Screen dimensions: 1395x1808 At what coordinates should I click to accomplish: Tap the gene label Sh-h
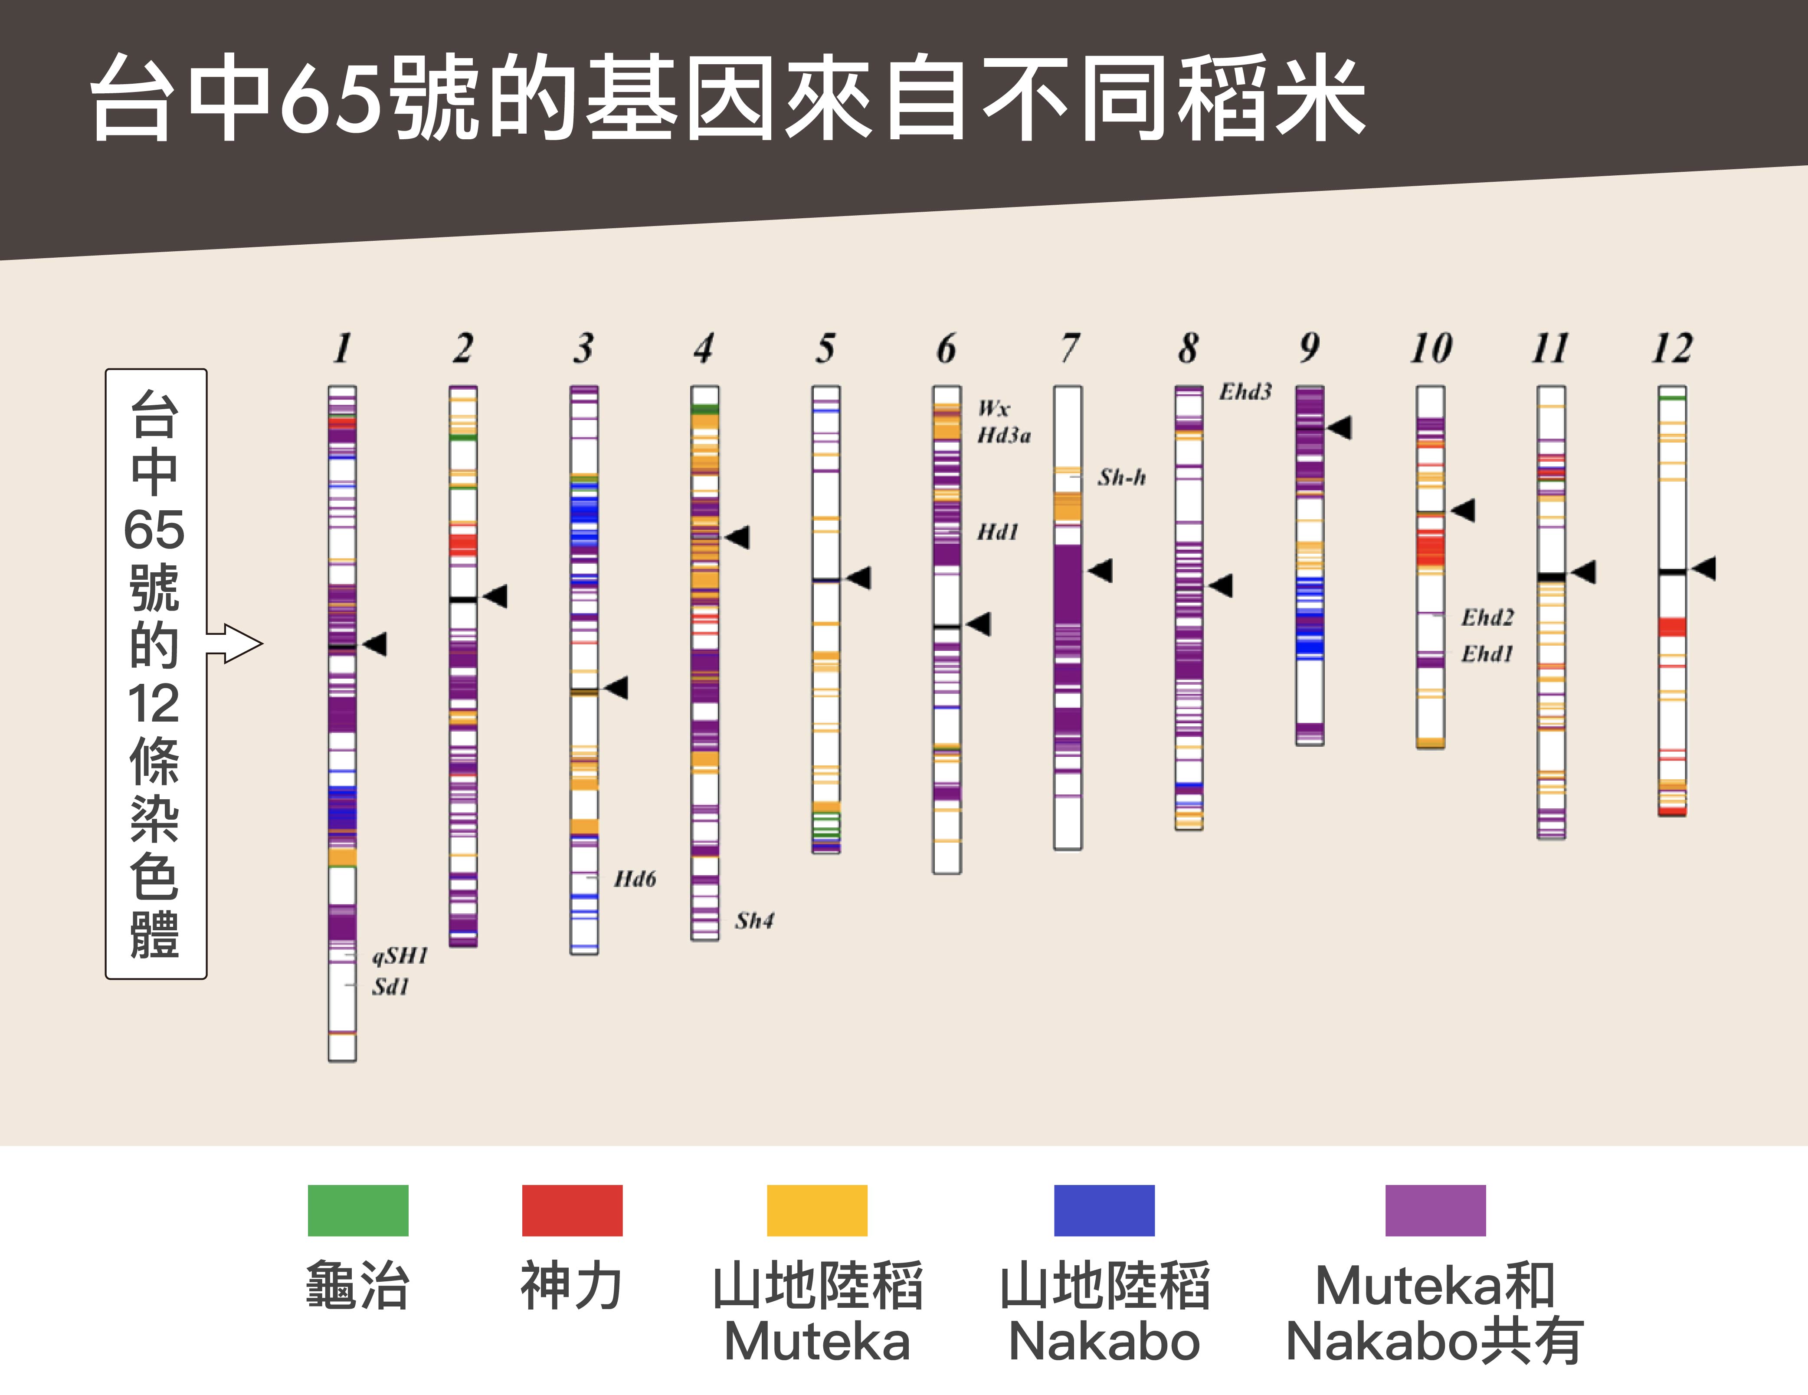[1122, 477]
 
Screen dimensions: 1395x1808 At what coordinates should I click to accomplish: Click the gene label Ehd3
[1244, 391]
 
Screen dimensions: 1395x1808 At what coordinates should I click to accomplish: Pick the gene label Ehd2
[1487, 617]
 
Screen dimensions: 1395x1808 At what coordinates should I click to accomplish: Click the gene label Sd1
[390, 986]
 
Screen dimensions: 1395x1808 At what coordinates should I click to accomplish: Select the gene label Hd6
[635, 878]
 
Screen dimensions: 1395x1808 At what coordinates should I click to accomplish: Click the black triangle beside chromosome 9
[1340, 427]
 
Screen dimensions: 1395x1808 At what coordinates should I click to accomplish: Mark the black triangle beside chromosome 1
[376, 643]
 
